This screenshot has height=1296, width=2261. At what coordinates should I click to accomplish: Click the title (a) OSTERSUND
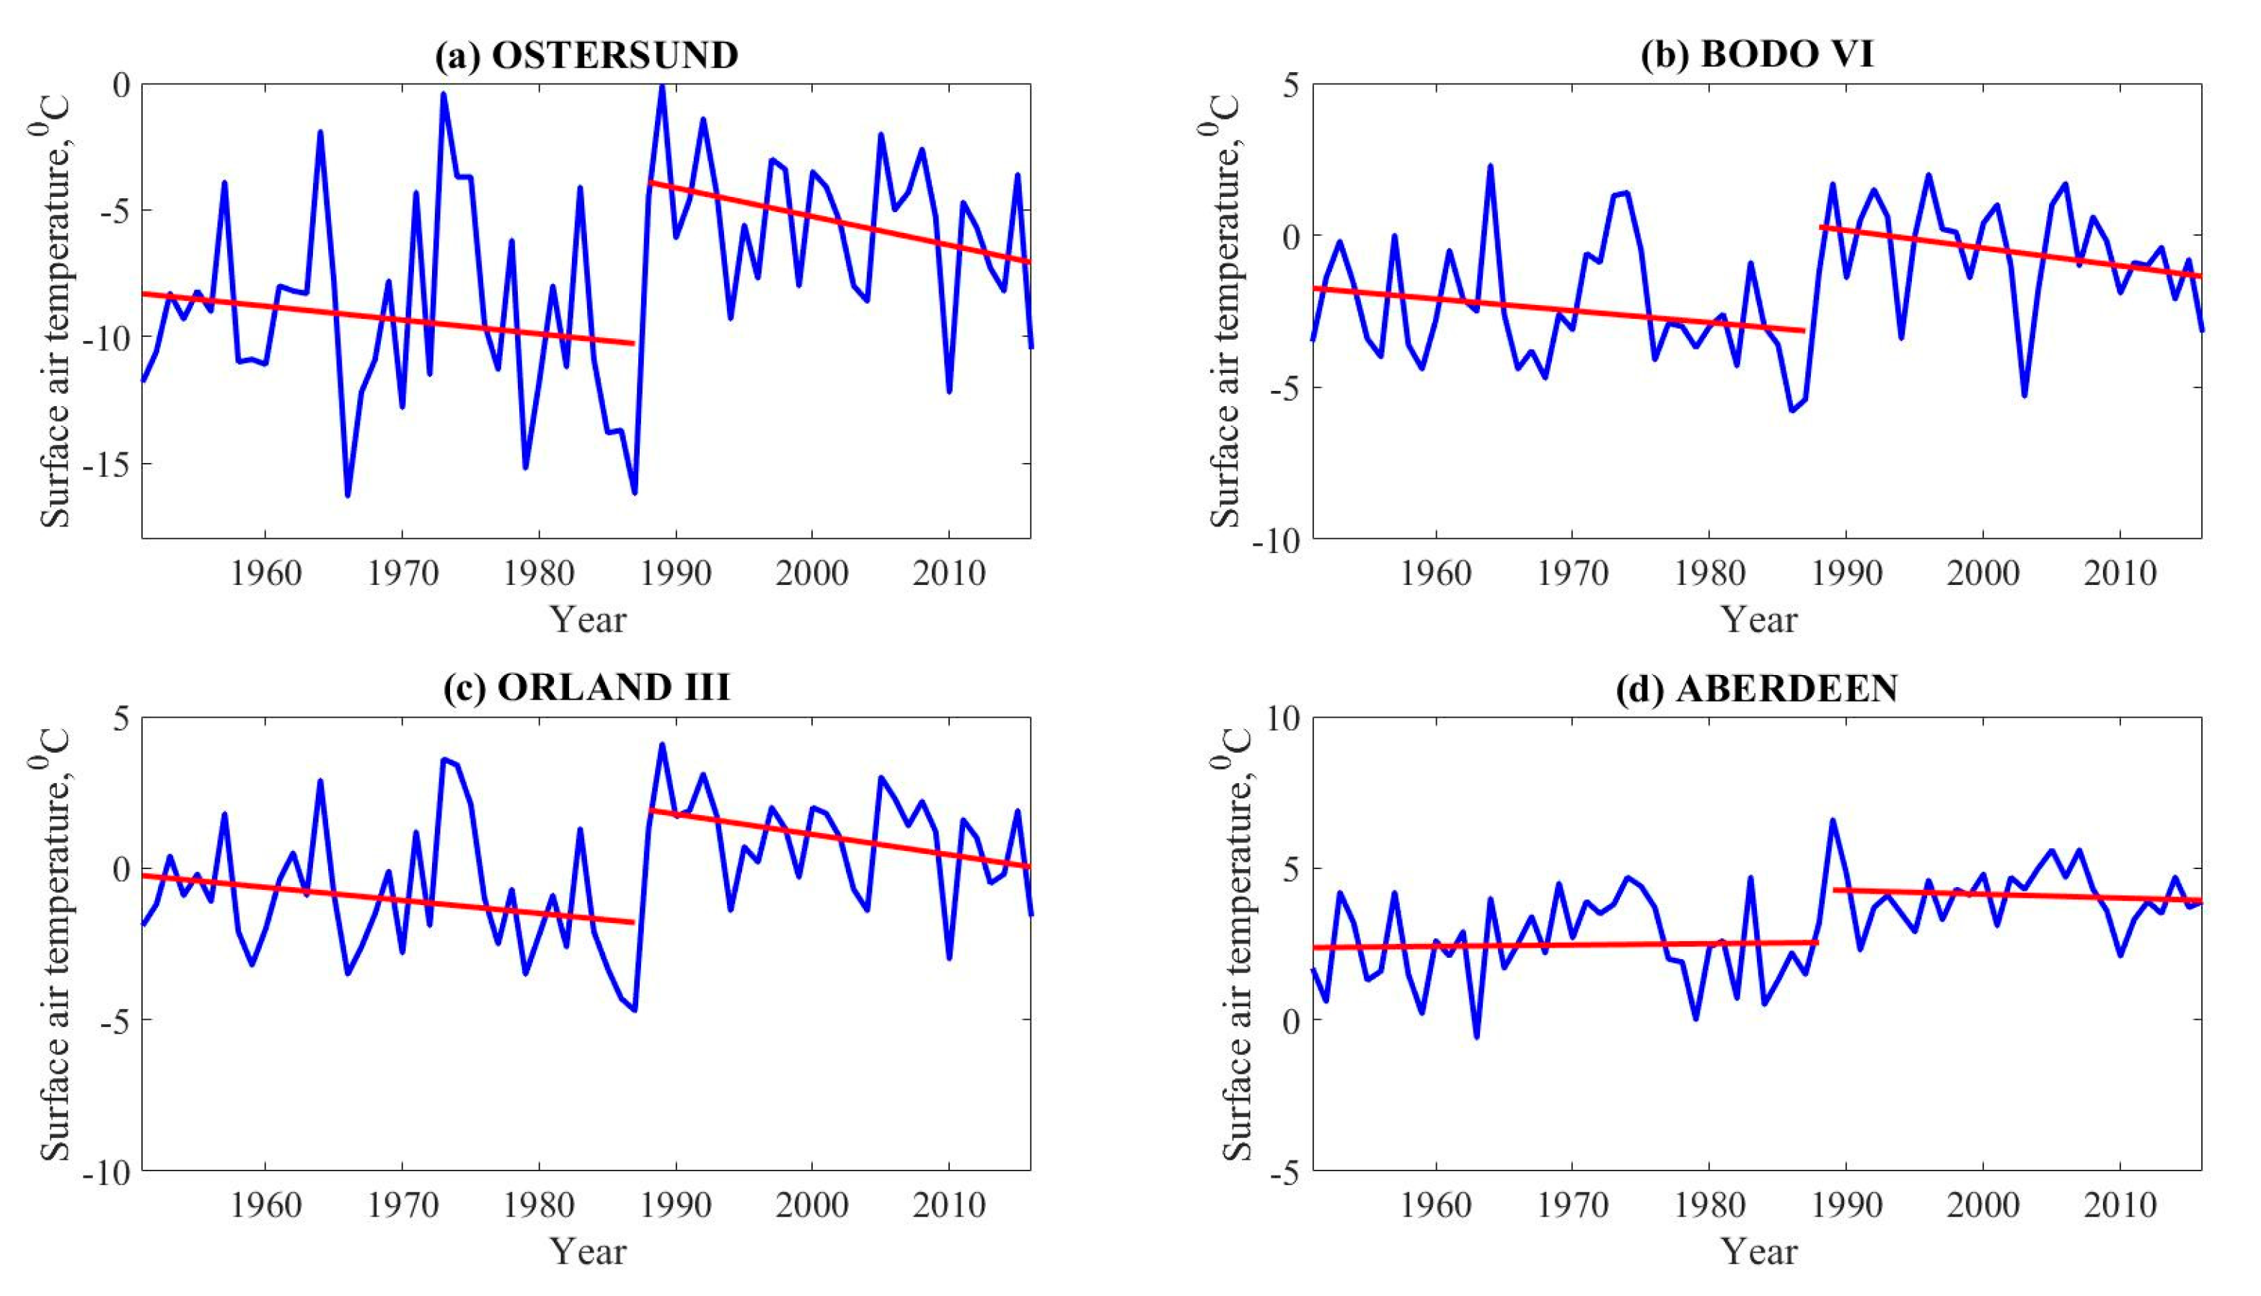(x=586, y=56)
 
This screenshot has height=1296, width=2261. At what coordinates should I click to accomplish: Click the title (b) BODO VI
(x=1756, y=56)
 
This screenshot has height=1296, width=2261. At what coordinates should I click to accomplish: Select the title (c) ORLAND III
(x=586, y=688)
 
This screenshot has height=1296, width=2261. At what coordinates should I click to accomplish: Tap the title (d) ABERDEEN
(x=1756, y=688)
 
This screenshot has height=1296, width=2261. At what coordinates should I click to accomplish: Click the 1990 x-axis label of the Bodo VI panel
(x=1846, y=573)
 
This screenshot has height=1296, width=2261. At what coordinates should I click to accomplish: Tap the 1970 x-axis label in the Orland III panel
(x=402, y=1206)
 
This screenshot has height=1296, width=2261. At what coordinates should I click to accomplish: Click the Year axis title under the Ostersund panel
(x=586, y=620)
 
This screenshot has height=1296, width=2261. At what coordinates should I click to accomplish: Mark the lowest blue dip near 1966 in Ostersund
(x=347, y=495)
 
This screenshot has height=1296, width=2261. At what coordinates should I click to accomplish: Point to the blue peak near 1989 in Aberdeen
(x=1833, y=820)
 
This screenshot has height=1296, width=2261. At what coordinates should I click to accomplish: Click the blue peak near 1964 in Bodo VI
(x=1490, y=166)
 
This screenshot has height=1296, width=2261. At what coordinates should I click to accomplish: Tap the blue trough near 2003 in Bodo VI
(x=2024, y=395)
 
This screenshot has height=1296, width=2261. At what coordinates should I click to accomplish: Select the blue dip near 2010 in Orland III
(x=949, y=958)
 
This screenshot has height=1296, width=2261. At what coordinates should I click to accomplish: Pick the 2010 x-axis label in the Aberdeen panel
(x=2120, y=1206)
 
